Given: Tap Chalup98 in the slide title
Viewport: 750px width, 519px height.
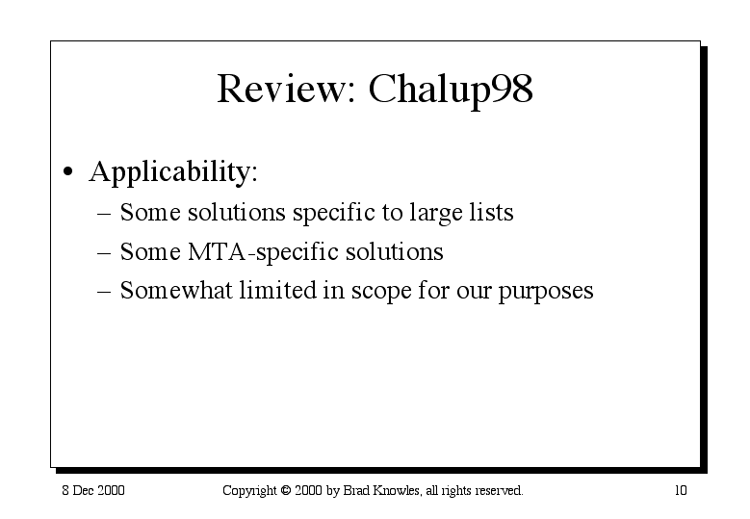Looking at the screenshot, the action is (x=451, y=91).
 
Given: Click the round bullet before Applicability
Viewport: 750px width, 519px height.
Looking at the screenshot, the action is (x=68, y=171).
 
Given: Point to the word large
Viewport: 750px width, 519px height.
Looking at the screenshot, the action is (x=436, y=214).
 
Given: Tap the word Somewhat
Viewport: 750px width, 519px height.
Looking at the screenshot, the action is (x=176, y=290).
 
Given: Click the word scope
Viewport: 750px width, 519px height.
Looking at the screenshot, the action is (x=381, y=293).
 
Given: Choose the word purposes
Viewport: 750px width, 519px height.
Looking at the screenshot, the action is (x=546, y=293).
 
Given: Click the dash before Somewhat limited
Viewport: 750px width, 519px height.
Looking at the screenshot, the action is (x=104, y=292).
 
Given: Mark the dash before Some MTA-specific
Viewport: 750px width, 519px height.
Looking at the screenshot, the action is (x=104, y=252).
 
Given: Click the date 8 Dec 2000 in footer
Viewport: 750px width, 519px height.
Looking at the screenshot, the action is (x=93, y=490).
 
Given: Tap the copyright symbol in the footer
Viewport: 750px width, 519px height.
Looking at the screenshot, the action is (x=286, y=490).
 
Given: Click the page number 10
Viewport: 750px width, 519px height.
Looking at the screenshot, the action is (x=681, y=490).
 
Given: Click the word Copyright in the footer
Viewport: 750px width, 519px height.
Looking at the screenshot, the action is (x=249, y=491).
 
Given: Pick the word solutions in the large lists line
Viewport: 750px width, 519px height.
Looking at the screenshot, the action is (x=237, y=213).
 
